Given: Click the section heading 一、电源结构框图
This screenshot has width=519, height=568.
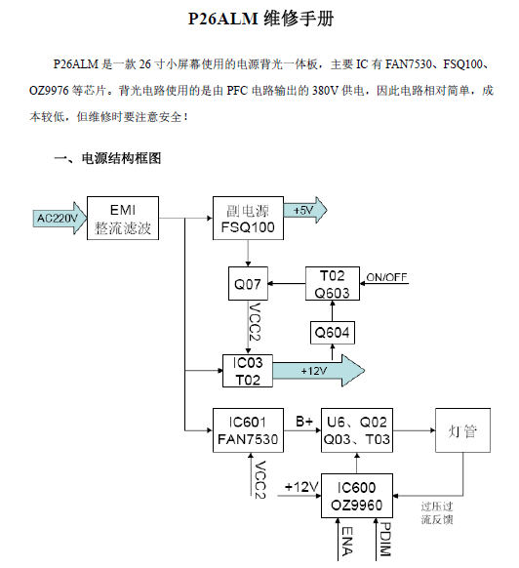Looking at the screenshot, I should [x=106, y=157].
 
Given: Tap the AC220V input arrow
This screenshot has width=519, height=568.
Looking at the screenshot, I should [x=59, y=219].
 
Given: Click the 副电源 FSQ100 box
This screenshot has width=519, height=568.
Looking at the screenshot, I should [x=247, y=219].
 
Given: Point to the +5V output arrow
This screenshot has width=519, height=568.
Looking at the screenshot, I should [x=304, y=210].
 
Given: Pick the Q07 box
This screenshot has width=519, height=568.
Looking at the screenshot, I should [x=247, y=285].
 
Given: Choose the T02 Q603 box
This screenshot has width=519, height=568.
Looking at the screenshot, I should [x=332, y=284].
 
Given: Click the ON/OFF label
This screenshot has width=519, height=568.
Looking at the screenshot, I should [x=386, y=278].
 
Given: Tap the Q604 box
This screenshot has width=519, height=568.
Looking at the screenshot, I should [x=332, y=334].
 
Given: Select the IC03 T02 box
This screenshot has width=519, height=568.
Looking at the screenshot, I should [x=247, y=371].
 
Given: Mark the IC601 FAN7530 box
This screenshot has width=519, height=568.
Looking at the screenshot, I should [x=247, y=430].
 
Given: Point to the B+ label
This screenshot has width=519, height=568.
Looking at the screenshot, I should [x=304, y=422].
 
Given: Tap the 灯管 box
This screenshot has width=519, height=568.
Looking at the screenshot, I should [x=462, y=430].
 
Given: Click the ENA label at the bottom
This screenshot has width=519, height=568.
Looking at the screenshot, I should [x=345, y=543].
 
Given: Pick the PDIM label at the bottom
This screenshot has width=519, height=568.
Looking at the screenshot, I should [x=383, y=543].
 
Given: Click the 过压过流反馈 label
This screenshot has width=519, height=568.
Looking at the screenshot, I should [x=439, y=513].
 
